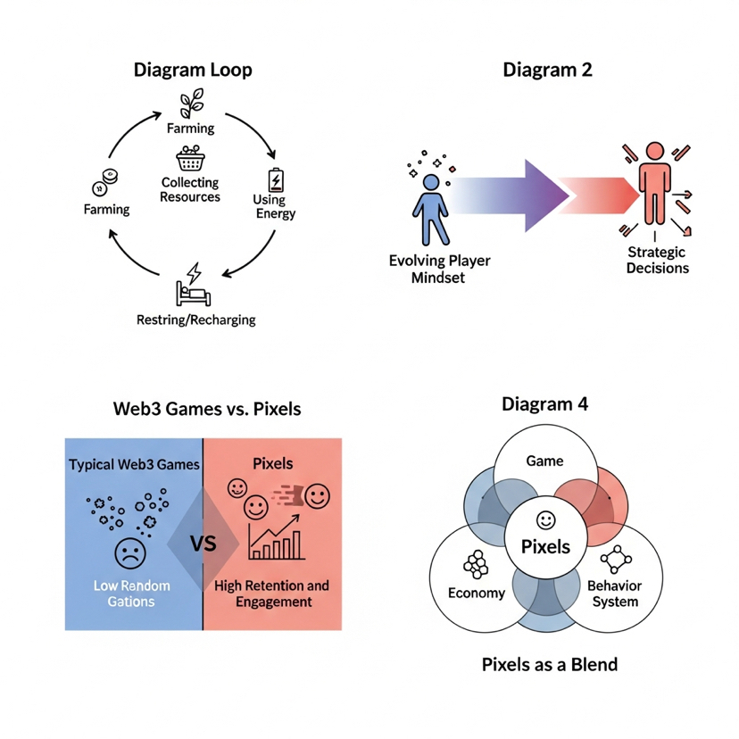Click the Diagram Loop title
(193, 70)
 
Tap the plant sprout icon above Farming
(192, 103)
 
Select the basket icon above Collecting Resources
(190, 158)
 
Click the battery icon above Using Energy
(276, 179)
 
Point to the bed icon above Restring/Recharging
(194, 284)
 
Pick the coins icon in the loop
(105, 182)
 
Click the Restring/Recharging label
(196, 320)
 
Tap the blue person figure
(431, 210)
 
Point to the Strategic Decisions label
(657, 260)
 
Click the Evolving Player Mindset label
(439, 269)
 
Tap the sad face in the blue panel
(130, 553)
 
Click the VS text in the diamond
(203, 544)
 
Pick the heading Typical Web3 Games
(134, 465)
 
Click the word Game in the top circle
(544, 461)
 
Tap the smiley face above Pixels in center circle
(545, 520)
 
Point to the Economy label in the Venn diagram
(477, 593)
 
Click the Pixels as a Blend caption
(550, 665)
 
